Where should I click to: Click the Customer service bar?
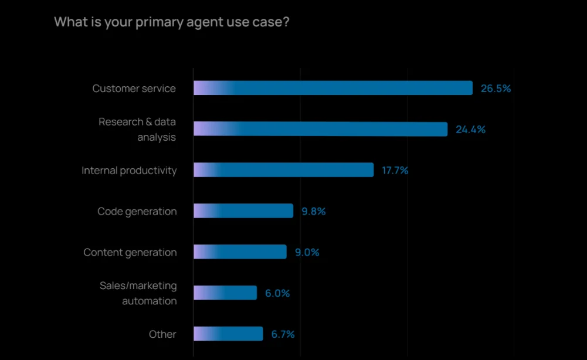[332, 88]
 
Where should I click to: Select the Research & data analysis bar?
[320, 129]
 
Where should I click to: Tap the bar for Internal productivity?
[283, 170]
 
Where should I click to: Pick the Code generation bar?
[243, 211]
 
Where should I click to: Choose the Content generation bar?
[240, 252]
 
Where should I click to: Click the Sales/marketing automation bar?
[225, 293]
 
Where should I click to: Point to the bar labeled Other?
[228, 334]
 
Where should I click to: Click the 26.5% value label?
[496, 89]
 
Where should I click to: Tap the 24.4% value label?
[471, 130]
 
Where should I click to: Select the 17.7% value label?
[395, 171]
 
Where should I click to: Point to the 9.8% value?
[314, 212]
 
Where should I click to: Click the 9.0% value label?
[307, 253]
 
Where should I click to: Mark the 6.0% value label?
[277, 293]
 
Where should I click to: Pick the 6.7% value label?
[283, 335]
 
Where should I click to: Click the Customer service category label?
[134, 89]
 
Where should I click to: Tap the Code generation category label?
[137, 212]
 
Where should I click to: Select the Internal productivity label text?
[129, 171]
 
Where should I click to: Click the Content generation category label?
[130, 253]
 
